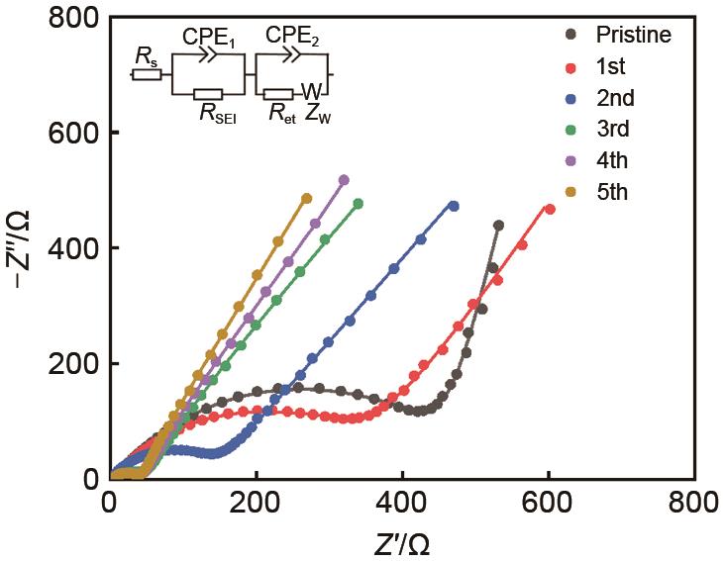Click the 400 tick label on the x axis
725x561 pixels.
pos(402,505)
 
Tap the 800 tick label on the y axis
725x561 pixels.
pos(73,18)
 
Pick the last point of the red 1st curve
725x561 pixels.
pos(550,210)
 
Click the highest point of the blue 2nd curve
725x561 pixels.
pos(454,206)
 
